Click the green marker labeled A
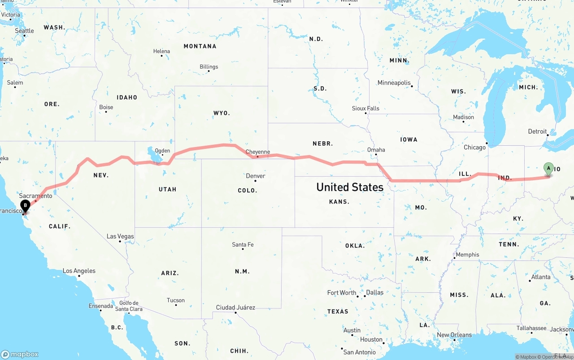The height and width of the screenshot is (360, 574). pyautogui.click(x=548, y=169)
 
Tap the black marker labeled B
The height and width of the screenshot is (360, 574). pyautogui.click(x=26, y=206)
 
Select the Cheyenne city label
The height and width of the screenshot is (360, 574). pyautogui.click(x=258, y=152)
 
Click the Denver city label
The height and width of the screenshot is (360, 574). pyautogui.click(x=255, y=176)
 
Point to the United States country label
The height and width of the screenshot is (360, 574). pyautogui.click(x=350, y=187)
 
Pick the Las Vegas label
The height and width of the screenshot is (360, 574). pyautogui.click(x=120, y=236)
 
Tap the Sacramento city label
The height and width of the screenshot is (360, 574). pyautogui.click(x=35, y=196)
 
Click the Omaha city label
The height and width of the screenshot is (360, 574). pyautogui.click(x=376, y=150)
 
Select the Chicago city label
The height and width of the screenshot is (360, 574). pyautogui.click(x=474, y=147)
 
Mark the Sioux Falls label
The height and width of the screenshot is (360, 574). pyautogui.click(x=365, y=108)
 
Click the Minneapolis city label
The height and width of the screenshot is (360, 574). pyautogui.click(x=394, y=83)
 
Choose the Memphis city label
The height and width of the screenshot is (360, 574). pyautogui.click(x=467, y=255)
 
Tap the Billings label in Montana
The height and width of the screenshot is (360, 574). pyautogui.click(x=209, y=67)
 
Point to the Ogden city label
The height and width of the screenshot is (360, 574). pyautogui.click(x=162, y=151)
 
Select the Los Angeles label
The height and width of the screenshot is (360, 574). pyautogui.click(x=79, y=271)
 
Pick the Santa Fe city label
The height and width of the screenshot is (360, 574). pyautogui.click(x=243, y=244)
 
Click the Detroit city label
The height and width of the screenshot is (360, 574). pyautogui.click(x=537, y=131)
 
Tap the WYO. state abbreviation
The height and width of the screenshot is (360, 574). pyautogui.click(x=222, y=113)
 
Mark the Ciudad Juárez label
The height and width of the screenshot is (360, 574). pyautogui.click(x=235, y=308)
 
